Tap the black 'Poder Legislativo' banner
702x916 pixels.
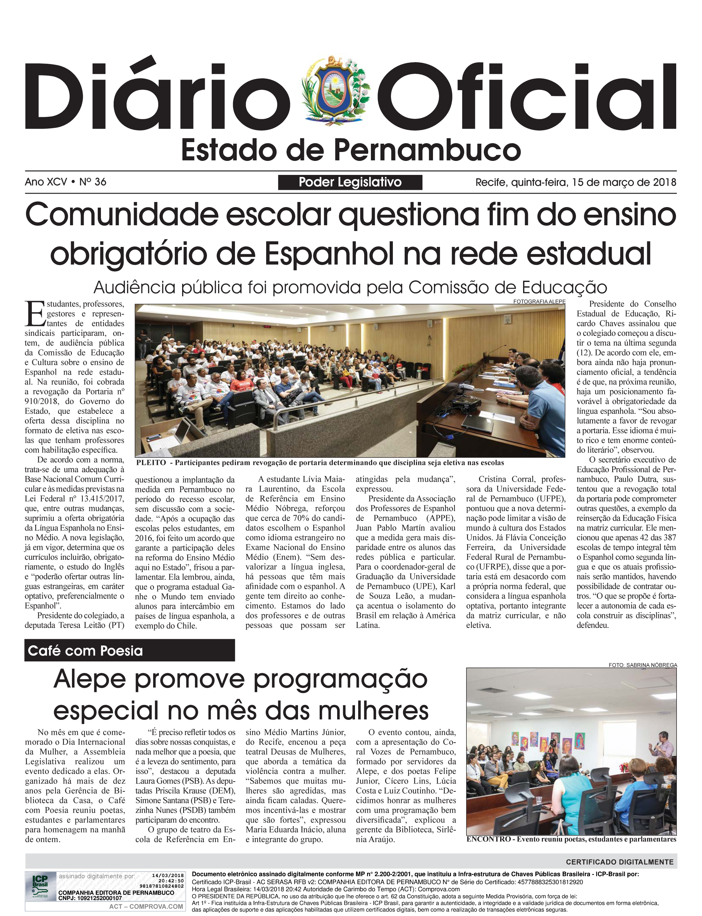pos(350,182)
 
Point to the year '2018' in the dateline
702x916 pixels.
pos(664,182)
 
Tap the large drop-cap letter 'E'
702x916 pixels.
pos(34,314)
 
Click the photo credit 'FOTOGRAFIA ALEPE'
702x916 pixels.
pos(539,301)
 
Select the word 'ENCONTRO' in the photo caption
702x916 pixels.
pos(488,839)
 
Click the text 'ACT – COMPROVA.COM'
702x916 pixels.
pos(146,906)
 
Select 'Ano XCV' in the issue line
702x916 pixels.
pos(46,182)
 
